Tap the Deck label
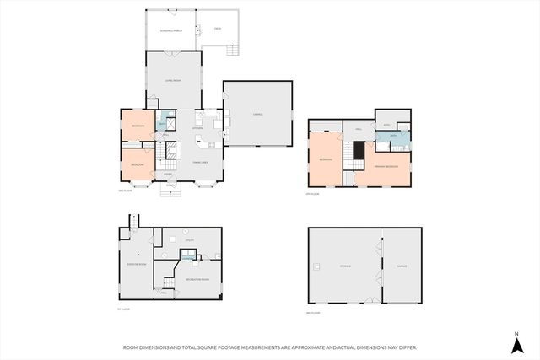(217, 29)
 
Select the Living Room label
(173, 81)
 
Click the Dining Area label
(200, 161)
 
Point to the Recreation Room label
(197, 279)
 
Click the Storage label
(345, 266)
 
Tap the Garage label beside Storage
(402, 266)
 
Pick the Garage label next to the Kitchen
(257, 115)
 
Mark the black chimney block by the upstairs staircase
(358, 152)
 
